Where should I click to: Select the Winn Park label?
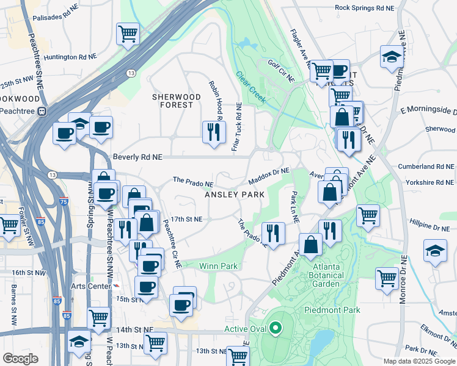tap(218, 265)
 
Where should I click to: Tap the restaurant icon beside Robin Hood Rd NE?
tap(213, 132)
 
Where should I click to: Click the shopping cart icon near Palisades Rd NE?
tap(127, 33)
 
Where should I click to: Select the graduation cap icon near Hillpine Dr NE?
tap(434, 251)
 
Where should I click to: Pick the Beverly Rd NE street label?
tap(137, 157)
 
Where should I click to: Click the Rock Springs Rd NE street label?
tap(365, 9)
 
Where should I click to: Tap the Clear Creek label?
tap(251, 88)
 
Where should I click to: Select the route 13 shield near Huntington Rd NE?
tap(131, 73)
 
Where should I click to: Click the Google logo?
tap(20, 359)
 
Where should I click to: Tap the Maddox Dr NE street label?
tap(269, 176)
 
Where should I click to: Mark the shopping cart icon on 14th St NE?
tap(155, 342)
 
